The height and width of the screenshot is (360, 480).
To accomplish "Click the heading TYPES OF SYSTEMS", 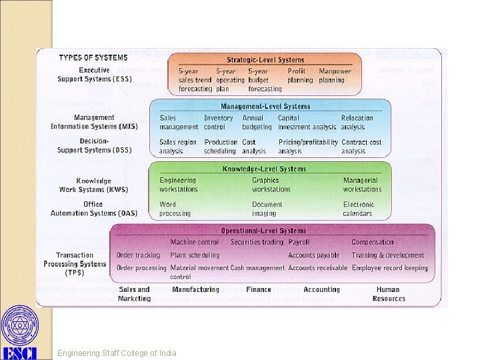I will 93,57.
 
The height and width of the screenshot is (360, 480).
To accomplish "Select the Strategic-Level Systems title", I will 265,60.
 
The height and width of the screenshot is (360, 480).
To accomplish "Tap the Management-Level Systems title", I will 265,106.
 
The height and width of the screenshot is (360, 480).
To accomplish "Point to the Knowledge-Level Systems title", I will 264,169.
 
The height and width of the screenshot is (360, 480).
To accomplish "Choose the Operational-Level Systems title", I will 273,231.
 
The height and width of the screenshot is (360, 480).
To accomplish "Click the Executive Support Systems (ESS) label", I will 95,75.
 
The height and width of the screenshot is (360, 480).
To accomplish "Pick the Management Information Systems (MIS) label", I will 94,122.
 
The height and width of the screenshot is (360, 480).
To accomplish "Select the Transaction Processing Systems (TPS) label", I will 75,264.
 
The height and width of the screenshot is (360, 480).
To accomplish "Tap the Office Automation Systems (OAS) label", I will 94,209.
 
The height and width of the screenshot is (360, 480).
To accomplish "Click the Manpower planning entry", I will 335,76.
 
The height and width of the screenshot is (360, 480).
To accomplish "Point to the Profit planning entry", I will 300,76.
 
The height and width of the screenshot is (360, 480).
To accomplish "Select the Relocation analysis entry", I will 357,123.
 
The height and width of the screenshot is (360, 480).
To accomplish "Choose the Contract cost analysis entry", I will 361,147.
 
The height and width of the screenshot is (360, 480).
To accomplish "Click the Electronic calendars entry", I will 358,209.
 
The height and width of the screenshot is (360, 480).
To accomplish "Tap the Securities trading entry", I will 257,242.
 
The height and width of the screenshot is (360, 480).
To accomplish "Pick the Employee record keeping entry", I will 390,268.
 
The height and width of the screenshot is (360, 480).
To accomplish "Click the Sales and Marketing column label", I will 134,294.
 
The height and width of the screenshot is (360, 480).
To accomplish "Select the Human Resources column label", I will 388,294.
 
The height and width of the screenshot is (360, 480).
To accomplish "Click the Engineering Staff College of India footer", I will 117,353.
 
